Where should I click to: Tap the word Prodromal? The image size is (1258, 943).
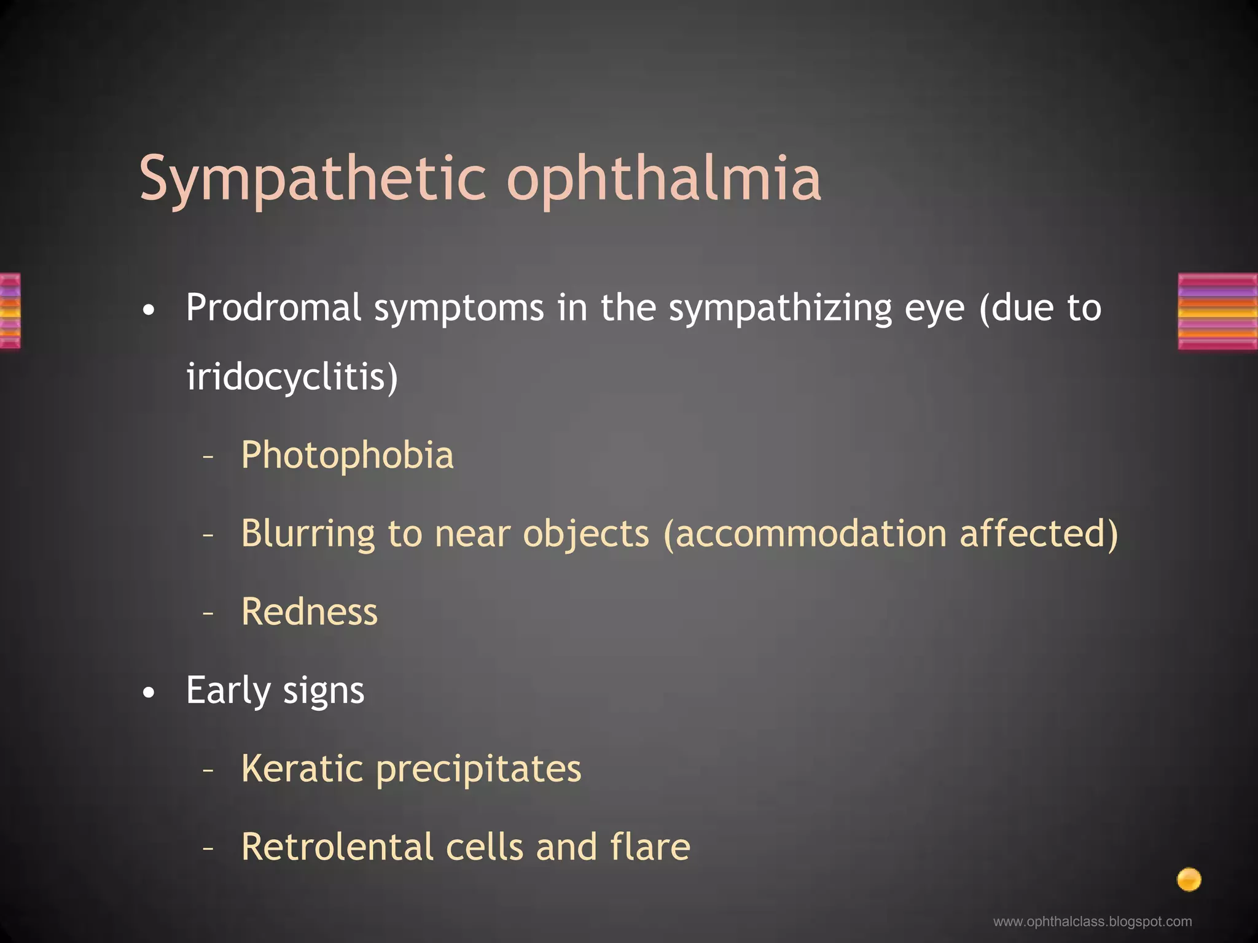coord(273,308)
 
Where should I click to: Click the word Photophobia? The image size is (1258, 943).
coord(347,455)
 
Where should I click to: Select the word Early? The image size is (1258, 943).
coord(228,690)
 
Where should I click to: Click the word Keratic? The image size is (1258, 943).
coord(302,769)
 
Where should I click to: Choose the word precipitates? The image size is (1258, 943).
coord(479,769)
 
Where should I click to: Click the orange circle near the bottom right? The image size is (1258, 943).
coord(1189,879)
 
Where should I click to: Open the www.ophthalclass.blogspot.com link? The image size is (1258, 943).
coord(1092,922)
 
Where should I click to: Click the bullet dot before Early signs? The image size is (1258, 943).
coord(148,693)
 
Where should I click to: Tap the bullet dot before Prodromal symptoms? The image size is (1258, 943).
coord(148,311)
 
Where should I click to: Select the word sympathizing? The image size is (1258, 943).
coord(780,308)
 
